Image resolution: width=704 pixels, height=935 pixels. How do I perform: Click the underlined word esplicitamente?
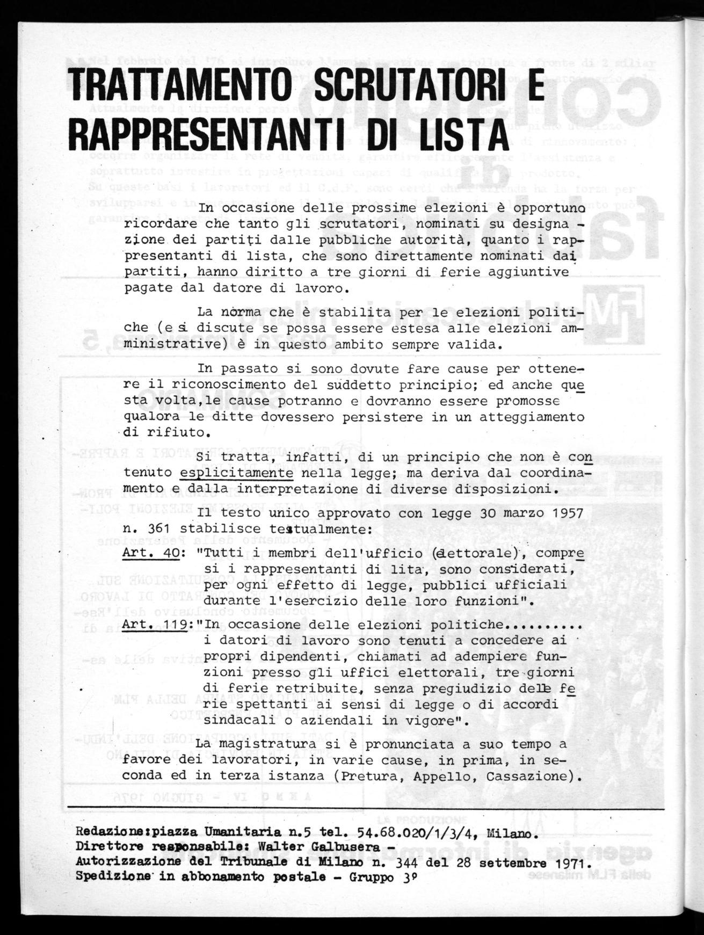point(237,474)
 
